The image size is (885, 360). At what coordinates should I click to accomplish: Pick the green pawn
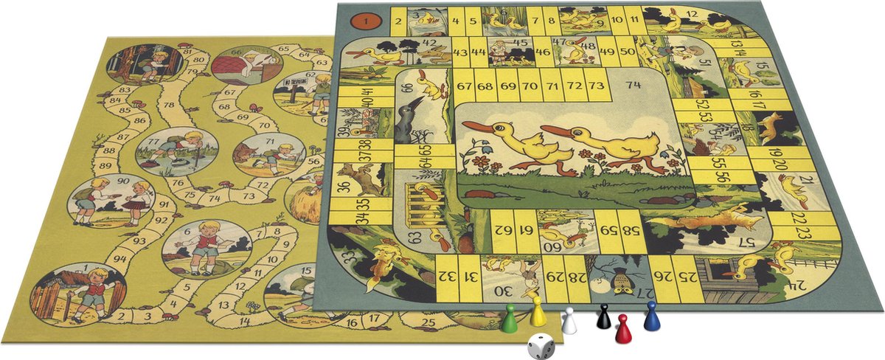509,319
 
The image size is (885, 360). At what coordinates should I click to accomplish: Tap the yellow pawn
538,313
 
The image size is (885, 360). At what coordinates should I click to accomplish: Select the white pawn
569,322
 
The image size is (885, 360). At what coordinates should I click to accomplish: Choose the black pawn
603,316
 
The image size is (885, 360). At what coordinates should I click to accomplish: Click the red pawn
624,329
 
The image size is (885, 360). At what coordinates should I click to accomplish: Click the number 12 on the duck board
692,14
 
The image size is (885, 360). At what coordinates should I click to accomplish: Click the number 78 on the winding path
169,105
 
